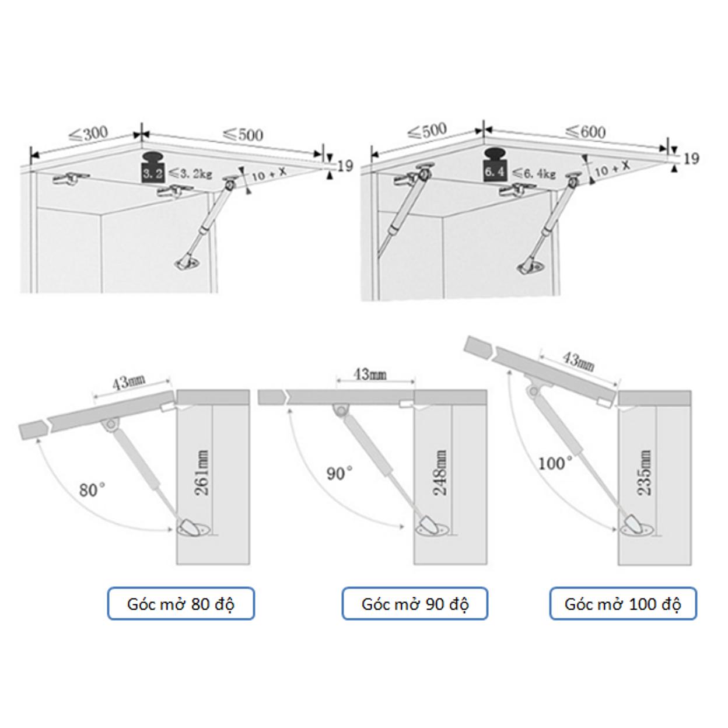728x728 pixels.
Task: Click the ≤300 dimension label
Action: click(x=89, y=134)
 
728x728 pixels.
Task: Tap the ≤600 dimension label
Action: click(x=586, y=131)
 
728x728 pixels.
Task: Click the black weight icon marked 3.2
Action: click(x=153, y=168)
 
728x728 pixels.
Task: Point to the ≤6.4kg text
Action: click(x=533, y=173)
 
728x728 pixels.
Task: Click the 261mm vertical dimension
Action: click(x=201, y=473)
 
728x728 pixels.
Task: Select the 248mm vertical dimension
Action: click(x=440, y=473)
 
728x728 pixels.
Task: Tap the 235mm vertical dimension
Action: click(x=644, y=473)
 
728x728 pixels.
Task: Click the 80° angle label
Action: click(x=92, y=491)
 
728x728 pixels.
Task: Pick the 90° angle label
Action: click(x=339, y=474)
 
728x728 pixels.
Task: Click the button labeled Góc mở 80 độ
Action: click(x=181, y=604)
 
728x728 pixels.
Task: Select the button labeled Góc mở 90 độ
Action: click(x=415, y=604)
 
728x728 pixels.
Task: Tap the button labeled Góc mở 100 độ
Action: click(x=623, y=604)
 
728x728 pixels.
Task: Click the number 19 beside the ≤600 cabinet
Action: click(x=691, y=159)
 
